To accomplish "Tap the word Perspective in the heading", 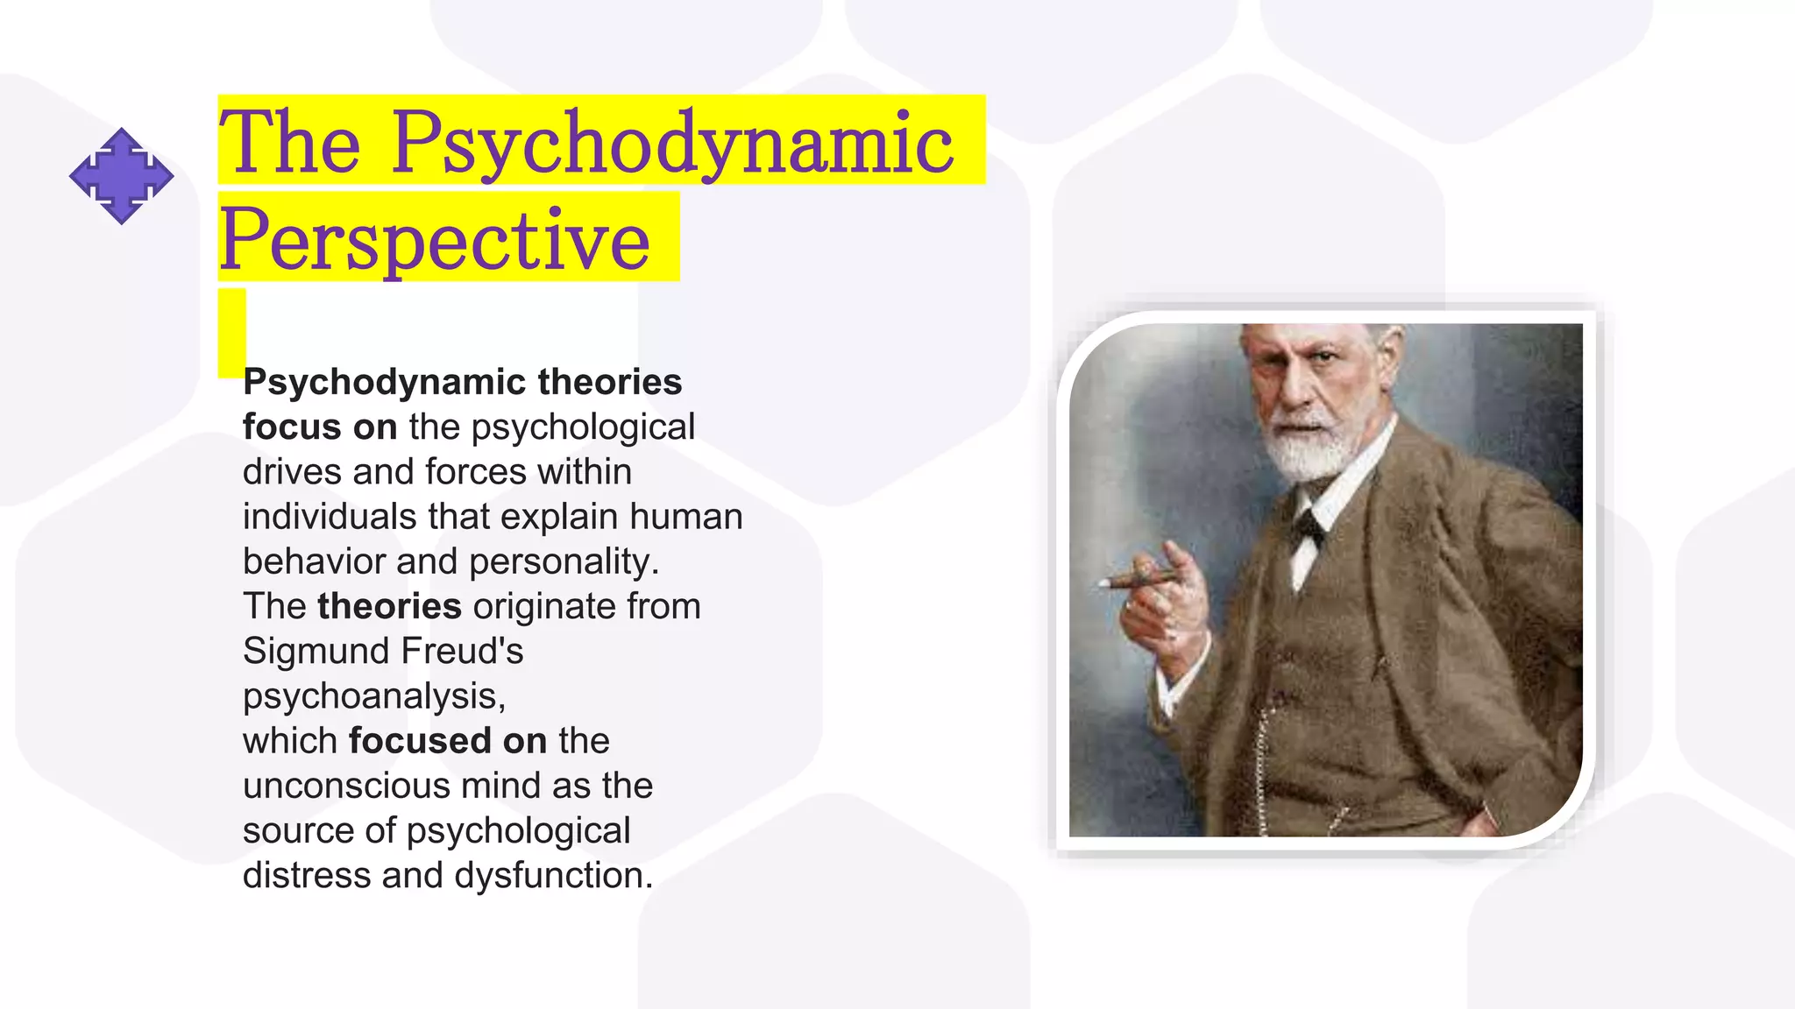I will pos(434,240).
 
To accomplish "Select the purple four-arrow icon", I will pos(121,176).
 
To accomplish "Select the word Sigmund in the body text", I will pos(315,652).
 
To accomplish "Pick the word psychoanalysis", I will pos(372,696).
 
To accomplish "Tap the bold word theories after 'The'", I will pos(389,607).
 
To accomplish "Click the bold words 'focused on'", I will pos(447,741).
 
